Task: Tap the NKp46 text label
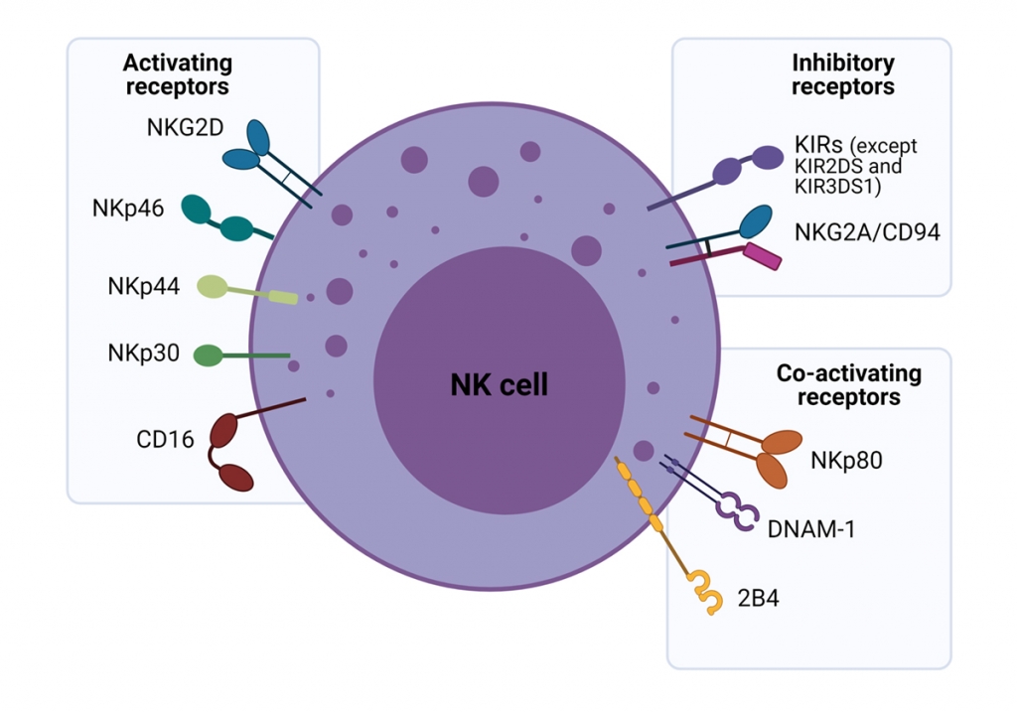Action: (x=123, y=210)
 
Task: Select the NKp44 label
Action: (x=143, y=287)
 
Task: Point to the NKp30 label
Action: (x=143, y=354)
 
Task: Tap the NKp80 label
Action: (x=846, y=461)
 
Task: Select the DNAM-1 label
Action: (x=811, y=527)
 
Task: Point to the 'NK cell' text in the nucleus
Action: (x=499, y=384)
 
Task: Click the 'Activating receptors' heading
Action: (x=178, y=74)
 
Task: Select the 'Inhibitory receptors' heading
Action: (x=843, y=74)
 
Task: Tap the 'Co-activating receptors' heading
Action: (x=848, y=385)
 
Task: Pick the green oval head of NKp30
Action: (x=208, y=355)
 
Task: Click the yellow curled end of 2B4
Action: (x=707, y=593)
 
